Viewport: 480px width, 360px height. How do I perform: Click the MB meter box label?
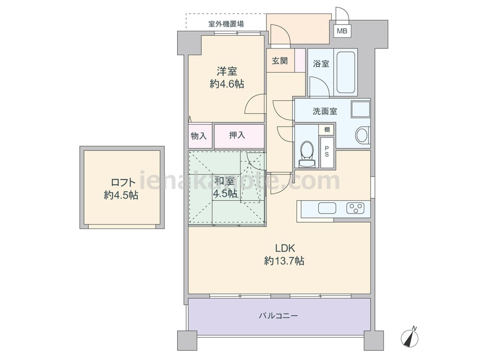[342, 31]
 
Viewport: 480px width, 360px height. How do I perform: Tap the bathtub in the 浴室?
[346, 72]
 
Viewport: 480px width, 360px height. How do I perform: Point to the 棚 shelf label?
[327, 130]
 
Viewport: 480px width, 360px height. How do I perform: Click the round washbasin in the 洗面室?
[362, 135]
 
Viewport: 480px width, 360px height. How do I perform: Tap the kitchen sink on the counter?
[327, 208]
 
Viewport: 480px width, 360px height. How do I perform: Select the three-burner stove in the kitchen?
[355, 208]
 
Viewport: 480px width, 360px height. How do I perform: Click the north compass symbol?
[410, 337]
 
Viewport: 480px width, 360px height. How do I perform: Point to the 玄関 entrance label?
[280, 60]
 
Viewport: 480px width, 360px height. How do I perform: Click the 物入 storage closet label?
[199, 136]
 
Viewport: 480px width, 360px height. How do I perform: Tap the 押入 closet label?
[237, 135]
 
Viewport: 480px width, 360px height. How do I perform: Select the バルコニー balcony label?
[278, 316]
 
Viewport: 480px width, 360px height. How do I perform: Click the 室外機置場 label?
[226, 24]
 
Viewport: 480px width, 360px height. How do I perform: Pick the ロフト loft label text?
[123, 182]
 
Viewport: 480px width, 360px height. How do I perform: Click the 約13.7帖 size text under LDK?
[284, 261]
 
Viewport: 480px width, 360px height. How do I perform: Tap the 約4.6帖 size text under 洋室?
[227, 84]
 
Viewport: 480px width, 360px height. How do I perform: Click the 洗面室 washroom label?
[325, 111]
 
